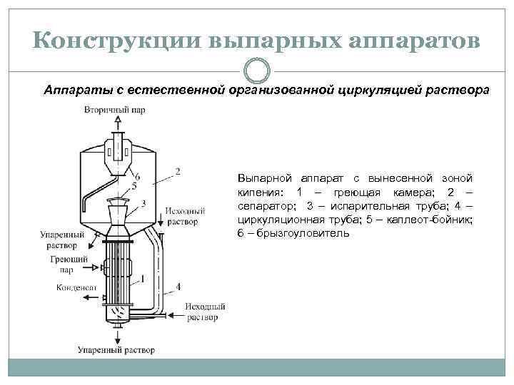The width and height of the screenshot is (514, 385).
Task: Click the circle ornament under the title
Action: click(257, 71)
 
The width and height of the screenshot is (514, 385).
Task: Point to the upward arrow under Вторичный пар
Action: click(117, 127)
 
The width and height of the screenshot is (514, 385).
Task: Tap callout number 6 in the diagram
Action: click(137, 176)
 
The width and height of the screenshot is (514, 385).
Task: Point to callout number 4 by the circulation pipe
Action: click(178, 287)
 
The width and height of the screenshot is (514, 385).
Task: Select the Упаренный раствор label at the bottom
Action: click(116, 350)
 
